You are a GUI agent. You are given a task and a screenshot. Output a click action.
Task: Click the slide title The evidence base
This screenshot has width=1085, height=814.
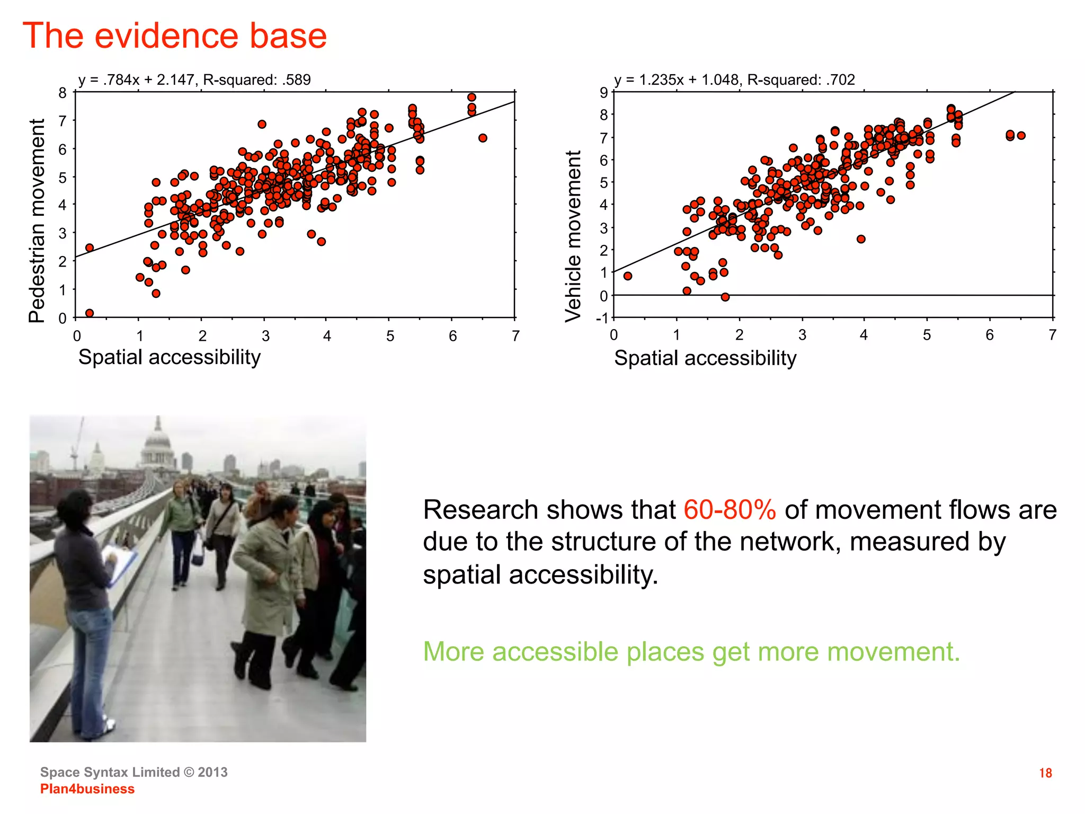[175, 36]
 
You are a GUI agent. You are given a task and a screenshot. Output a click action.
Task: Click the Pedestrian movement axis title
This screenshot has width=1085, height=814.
[37, 220]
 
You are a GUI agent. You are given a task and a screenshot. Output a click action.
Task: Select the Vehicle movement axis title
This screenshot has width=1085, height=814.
[573, 236]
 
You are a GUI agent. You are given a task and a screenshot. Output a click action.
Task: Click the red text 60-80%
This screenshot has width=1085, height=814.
[730, 510]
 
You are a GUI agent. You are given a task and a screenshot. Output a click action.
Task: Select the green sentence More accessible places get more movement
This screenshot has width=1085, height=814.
[691, 652]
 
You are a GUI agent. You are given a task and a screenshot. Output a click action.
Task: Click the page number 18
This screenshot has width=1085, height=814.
[1045, 773]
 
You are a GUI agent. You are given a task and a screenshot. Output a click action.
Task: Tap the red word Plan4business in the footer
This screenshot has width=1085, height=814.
[87, 789]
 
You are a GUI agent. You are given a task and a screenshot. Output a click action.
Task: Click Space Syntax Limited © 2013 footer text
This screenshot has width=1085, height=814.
[134, 772]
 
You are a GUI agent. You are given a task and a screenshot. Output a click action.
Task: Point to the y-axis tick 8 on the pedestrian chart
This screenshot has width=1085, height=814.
[63, 94]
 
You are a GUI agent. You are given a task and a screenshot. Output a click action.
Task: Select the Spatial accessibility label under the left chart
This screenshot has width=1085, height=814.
[170, 357]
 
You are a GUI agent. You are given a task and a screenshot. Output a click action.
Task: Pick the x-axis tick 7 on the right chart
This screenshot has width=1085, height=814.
[1052, 335]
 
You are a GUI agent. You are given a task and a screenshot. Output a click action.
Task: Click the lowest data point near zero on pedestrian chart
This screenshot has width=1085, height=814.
[90, 313]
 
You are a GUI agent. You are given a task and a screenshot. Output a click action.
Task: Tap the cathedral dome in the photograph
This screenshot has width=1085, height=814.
[157, 439]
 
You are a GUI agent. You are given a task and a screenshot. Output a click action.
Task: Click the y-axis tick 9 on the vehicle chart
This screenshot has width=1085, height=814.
[603, 93]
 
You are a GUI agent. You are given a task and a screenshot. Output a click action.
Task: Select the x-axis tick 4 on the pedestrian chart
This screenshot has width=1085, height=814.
[327, 336]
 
